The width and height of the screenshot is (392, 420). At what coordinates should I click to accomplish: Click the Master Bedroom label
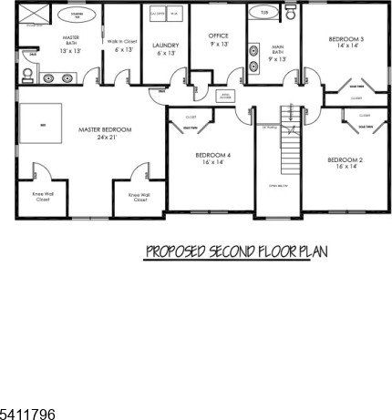coord(105,130)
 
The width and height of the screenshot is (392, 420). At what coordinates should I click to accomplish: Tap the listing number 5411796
coord(27,414)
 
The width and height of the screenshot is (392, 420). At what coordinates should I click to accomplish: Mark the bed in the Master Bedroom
coord(37,125)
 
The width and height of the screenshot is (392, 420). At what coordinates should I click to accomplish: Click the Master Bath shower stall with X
coord(34,15)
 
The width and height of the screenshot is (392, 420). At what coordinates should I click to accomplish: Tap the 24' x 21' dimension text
coord(105,139)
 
